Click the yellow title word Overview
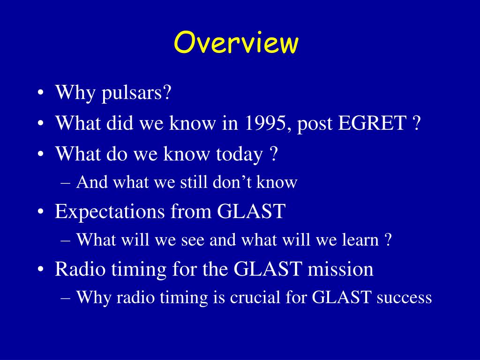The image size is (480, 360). coord(236,42)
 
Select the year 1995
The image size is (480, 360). coord(265,123)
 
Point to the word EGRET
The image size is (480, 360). coord(372,123)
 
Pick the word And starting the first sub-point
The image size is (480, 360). coord(92,182)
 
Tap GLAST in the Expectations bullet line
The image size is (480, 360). coord(251,211)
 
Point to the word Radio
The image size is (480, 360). coord(80,269)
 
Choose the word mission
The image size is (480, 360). coord(340,269)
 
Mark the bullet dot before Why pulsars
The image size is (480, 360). coord(40,93)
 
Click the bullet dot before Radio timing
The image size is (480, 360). coord(40,270)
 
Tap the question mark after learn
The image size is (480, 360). coord(388,240)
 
